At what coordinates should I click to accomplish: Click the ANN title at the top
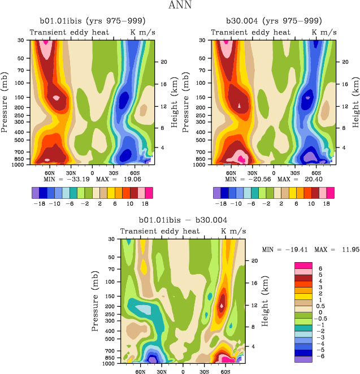pos(180,6)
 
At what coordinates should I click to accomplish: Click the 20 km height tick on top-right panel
pos(341,62)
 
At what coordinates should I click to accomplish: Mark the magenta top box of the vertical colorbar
pos(302,266)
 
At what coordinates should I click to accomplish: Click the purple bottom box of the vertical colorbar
pos(302,359)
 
